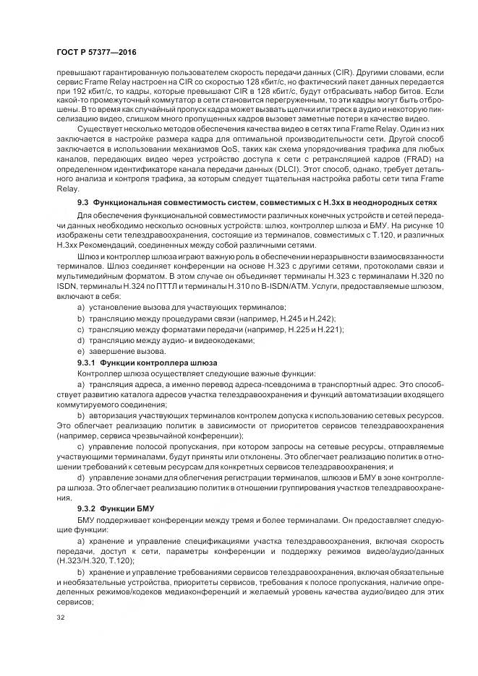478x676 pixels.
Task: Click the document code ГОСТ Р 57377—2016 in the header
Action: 95,53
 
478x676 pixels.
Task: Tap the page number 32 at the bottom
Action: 59,617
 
